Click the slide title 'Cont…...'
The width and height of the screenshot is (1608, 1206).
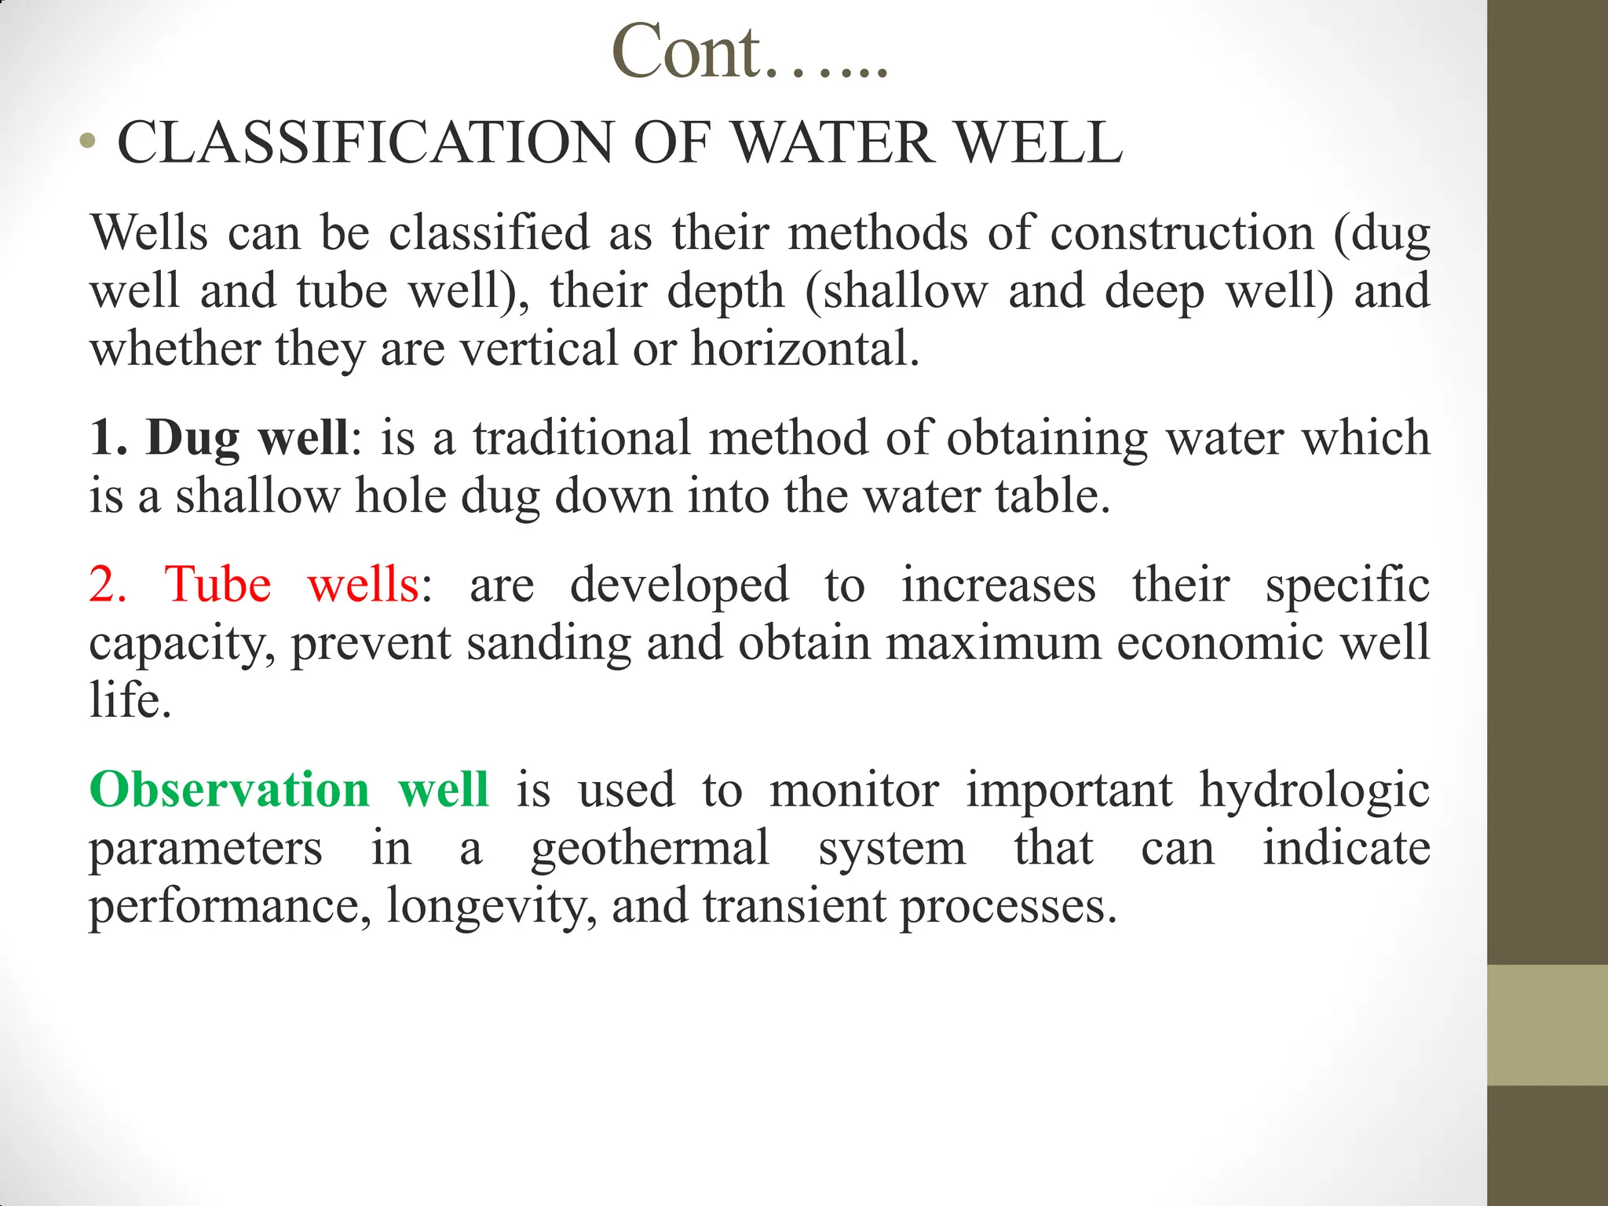tap(750, 53)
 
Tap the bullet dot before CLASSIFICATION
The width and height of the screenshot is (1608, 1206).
tap(88, 143)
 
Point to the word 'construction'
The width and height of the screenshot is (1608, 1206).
tap(1182, 233)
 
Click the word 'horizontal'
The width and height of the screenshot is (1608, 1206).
tap(805, 349)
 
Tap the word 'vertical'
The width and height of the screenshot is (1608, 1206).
tap(539, 349)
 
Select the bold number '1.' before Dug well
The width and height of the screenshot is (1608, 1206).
tap(108, 437)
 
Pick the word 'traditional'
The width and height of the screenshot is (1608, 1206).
tap(581, 437)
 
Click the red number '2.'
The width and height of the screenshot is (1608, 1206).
tap(108, 585)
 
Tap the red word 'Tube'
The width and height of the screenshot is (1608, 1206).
tap(217, 585)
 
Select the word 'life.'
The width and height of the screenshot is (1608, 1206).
tap(130, 700)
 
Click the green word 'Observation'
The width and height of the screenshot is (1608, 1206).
tap(229, 790)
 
